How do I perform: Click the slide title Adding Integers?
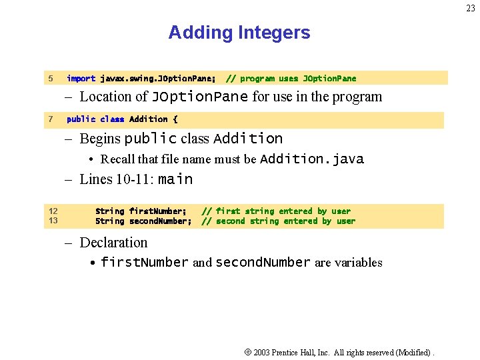239,33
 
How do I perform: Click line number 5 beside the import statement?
51,79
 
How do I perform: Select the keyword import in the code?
81,79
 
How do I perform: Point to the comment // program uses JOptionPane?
291,79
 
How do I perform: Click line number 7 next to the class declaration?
51,119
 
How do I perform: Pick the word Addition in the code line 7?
148,119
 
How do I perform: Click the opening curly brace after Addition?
175,119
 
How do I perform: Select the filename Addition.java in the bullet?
311,159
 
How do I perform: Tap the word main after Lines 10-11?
175,179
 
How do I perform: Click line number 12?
53,211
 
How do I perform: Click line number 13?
53,221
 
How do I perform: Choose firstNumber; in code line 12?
158,211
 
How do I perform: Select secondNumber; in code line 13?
160,221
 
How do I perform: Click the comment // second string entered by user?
279,221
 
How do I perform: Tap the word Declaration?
113,243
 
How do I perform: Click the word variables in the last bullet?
349,263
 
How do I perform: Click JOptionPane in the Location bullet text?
200,97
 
